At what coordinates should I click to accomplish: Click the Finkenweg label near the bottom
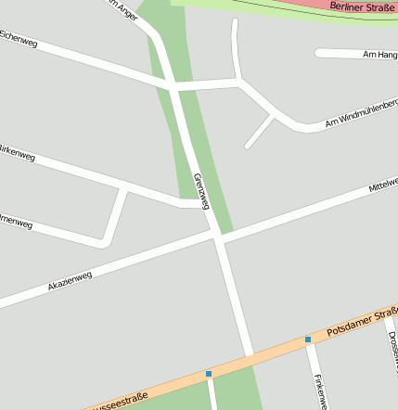coord(320,391)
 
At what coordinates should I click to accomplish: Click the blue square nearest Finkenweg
coord(308,340)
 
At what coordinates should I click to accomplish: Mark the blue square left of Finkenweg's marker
coord(209,374)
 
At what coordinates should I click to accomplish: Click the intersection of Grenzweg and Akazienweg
coord(219,237)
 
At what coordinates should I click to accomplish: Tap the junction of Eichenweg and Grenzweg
coord(173,86)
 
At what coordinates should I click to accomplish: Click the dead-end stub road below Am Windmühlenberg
coord(259,133)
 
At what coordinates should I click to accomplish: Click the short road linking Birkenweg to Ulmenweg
coord(114,216)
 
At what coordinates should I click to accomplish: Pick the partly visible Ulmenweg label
coord(16,222)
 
